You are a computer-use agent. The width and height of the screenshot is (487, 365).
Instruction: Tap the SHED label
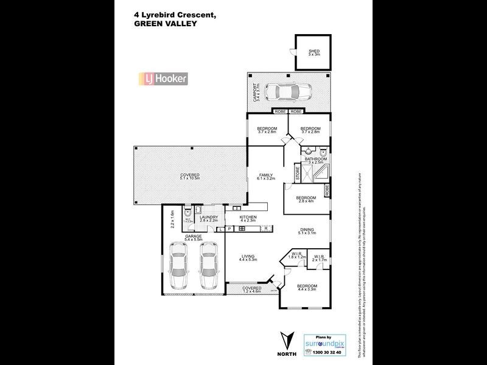(x=314, y=52)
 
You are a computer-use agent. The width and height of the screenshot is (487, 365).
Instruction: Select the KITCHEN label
(x=247, y=217)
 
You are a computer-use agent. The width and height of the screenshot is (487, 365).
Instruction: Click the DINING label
(x=306, y=231)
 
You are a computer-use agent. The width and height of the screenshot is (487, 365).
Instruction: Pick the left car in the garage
(x=178, y=267)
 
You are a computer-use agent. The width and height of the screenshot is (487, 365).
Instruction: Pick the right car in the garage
(x=209, y=267)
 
